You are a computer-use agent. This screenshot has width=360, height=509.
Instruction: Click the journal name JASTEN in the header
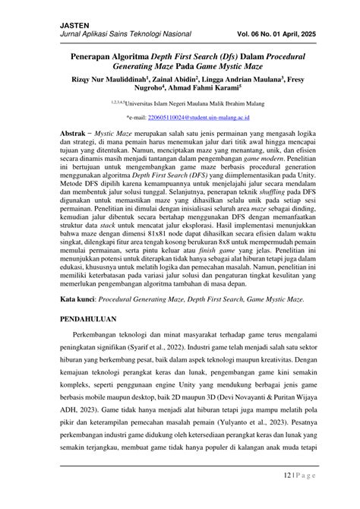click(x=74, y=26)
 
